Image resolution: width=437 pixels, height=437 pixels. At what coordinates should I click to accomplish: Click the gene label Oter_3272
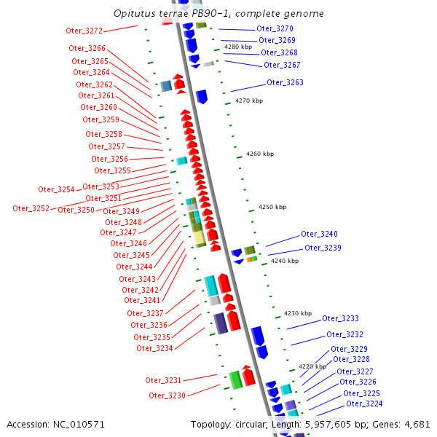(84, 31)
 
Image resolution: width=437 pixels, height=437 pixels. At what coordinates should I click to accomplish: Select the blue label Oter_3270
(275, 28)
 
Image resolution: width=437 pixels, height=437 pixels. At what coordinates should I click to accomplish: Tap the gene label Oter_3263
(285, 82)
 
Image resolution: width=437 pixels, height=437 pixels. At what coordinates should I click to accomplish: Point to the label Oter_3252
(31, 208)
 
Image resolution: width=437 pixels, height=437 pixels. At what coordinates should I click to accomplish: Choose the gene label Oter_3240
(319, 234)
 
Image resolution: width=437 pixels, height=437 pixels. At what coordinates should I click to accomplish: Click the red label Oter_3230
(167, 395)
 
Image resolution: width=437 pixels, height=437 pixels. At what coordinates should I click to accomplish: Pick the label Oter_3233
(340, 318)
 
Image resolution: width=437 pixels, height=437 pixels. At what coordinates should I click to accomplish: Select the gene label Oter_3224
(363, 403)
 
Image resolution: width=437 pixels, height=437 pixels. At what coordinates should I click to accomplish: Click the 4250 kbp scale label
(272, 207)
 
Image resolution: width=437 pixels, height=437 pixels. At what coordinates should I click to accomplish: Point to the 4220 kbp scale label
(312, 366)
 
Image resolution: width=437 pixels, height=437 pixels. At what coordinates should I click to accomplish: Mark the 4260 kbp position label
(260, 154)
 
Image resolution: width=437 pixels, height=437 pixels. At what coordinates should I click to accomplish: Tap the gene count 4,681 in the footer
(415, 424)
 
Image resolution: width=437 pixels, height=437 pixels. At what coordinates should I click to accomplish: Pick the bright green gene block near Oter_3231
(235, 379)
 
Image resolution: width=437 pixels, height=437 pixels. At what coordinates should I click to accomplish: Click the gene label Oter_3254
(56, 189)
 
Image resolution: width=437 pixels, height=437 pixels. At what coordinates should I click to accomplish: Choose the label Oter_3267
(282, 65)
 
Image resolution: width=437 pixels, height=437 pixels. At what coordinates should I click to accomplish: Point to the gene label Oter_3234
(154, 348)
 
